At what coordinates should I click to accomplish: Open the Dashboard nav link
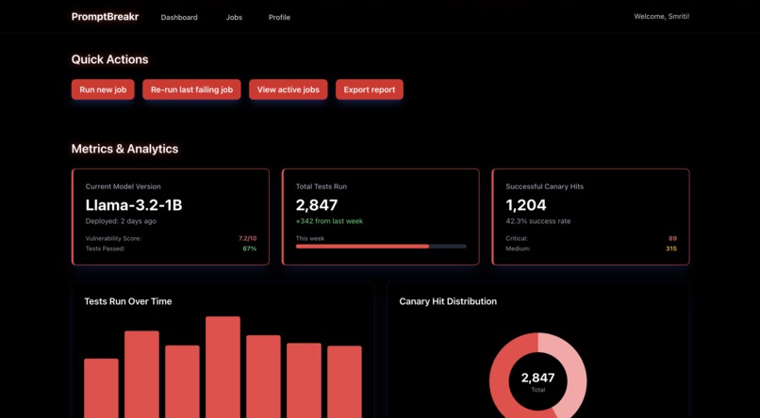pos(179,17)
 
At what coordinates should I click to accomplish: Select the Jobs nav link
pos(234,17)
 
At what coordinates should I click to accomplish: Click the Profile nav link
pos(279,17)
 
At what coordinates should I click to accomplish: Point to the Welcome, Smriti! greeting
pos(661,16)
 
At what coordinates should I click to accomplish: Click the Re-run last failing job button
pos(191,89)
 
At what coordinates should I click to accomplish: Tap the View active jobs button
pos(288,89)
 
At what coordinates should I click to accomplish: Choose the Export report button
pos(370,89)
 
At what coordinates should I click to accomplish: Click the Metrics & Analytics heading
pos(124,149)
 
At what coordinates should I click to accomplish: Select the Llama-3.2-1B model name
pos(133,204)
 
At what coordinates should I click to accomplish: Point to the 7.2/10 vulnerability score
pos(247,238)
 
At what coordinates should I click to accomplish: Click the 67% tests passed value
pos(249,249)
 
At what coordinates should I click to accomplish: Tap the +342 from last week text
pos(329,221)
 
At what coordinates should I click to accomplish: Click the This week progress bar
pos(381,247)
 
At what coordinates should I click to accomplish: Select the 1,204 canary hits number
pos(525,204)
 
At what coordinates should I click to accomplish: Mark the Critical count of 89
pos(672,238)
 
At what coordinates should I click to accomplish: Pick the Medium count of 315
pos(670,249)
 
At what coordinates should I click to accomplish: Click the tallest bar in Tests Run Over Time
pos(223,367)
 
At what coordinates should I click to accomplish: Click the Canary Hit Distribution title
pos(448,301)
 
